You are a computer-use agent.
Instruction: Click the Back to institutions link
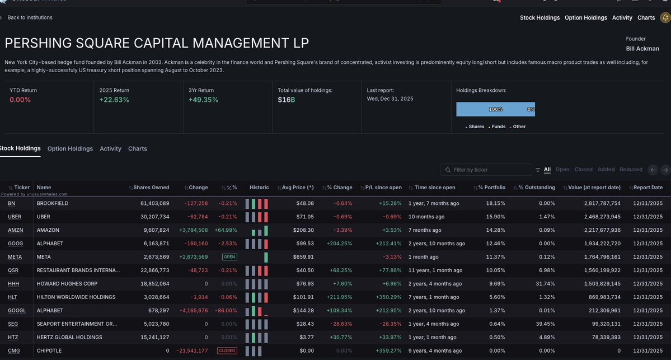30,17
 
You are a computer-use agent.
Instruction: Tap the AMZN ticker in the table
15,230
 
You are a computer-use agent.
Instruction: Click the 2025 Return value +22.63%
114,100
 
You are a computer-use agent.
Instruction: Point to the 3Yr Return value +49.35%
203,100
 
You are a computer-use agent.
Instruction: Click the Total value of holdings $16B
286,100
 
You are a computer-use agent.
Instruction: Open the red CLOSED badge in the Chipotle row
227,350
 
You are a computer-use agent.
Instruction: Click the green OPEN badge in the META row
229,257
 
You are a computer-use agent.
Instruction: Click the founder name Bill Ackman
643,48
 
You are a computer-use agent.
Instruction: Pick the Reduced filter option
631,170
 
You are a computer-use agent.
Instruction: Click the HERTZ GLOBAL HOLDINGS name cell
69,337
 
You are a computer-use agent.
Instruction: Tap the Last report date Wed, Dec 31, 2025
390,99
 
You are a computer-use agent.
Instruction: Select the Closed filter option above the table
583,170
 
